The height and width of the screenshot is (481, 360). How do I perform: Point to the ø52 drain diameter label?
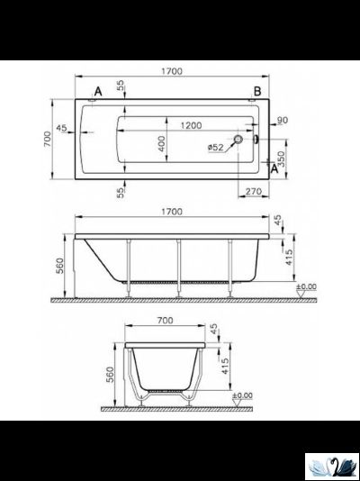click(x=215, y=148)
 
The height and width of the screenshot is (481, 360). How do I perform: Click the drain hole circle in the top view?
click(x=239, y=140)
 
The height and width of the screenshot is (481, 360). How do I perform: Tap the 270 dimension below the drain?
click(x=252, y=191)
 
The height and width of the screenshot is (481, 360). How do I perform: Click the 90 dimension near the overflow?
click(x=282, y=121)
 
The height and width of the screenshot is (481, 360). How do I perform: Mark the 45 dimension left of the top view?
click(x=61, y=129)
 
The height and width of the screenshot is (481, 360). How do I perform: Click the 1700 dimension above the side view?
click(x=173, y=212)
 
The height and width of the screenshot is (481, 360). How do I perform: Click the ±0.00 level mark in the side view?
click(x=307, y=287)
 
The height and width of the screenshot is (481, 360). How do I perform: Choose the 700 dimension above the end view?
click(x=163, y=321)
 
